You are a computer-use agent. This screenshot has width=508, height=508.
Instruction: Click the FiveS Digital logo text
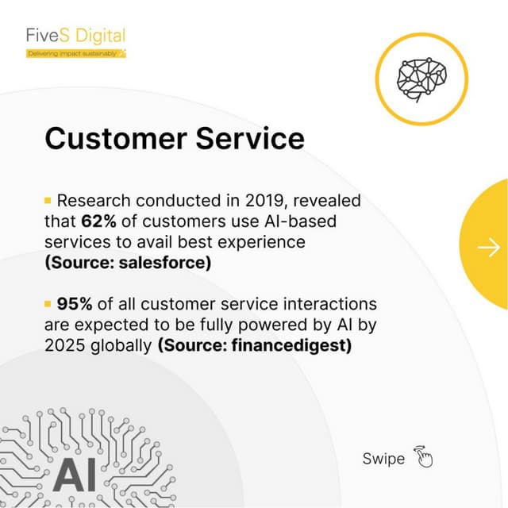pos(75,36)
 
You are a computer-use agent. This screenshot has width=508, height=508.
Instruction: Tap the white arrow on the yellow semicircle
pos(488,248)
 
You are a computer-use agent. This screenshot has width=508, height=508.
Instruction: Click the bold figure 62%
pos(99,221)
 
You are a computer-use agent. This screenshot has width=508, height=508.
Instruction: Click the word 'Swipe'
pos(383,459)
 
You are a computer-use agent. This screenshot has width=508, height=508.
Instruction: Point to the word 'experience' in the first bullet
pos(265,241)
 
